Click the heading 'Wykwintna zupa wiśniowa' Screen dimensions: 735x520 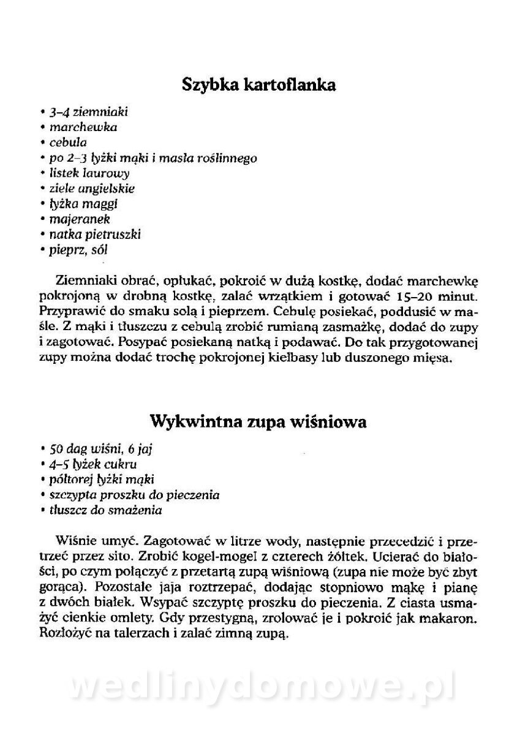pos(258,422)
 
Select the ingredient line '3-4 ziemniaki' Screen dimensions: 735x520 pos(88,113)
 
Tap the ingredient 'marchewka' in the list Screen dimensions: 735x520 pos(83,128)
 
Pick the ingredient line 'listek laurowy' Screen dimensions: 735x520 pos(89,173)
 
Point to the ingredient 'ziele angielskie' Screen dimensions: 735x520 pos(92,189)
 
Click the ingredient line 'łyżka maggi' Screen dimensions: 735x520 pos(84,203)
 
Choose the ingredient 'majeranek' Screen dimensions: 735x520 pos(80,219)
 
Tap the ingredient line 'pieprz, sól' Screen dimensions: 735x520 pos(80,249)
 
